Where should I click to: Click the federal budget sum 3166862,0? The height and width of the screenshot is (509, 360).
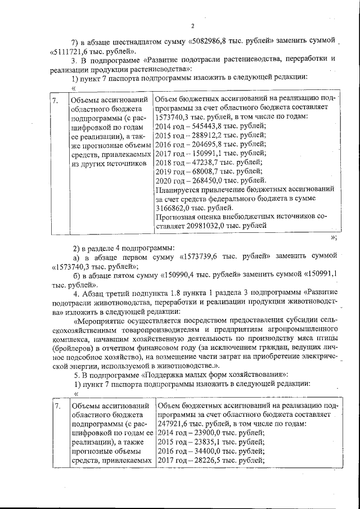174,208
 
